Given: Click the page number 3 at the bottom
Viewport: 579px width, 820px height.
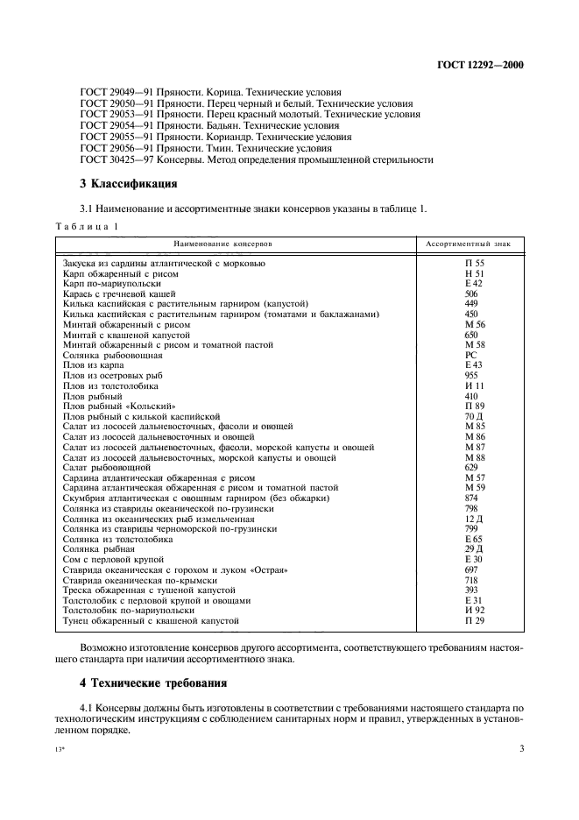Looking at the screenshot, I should point(520,748).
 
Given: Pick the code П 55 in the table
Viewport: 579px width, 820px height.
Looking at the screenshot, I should point(474,263).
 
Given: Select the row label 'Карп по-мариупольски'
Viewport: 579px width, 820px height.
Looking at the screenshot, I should point(108,284).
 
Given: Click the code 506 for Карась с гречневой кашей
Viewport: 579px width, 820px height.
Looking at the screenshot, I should point(471,294).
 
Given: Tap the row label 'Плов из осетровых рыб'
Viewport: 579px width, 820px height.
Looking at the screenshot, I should point(112,376).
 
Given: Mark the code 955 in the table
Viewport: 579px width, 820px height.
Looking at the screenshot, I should point(471,376).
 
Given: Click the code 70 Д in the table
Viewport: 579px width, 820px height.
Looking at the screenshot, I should point(474,416).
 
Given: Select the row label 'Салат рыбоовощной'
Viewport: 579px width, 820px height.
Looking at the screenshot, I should point(102,468).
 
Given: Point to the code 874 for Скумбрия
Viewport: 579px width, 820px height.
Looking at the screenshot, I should point(471,498).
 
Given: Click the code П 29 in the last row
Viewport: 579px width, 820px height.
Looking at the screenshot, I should point(474,621).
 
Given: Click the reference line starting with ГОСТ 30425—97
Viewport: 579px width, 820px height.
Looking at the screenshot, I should point(257,160).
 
